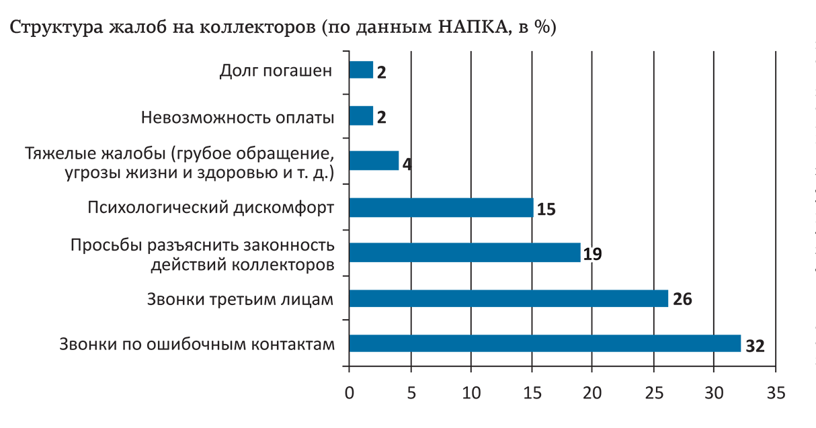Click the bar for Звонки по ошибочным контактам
pos(544,343)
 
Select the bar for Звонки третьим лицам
pos(508,298)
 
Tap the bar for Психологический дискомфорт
pos(441,208)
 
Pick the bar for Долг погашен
pos(361,70)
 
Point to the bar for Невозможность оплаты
pos(361,116)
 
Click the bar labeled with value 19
pos(464,253)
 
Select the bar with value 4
pos(374,161)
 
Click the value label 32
pos(756,345)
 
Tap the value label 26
pos(682,300)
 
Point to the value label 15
pos(546,209)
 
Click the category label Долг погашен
pos(276,71)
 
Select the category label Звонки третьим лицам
pos(240,299)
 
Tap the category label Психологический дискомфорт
pos(210,208)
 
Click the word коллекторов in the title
pos(263,29)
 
